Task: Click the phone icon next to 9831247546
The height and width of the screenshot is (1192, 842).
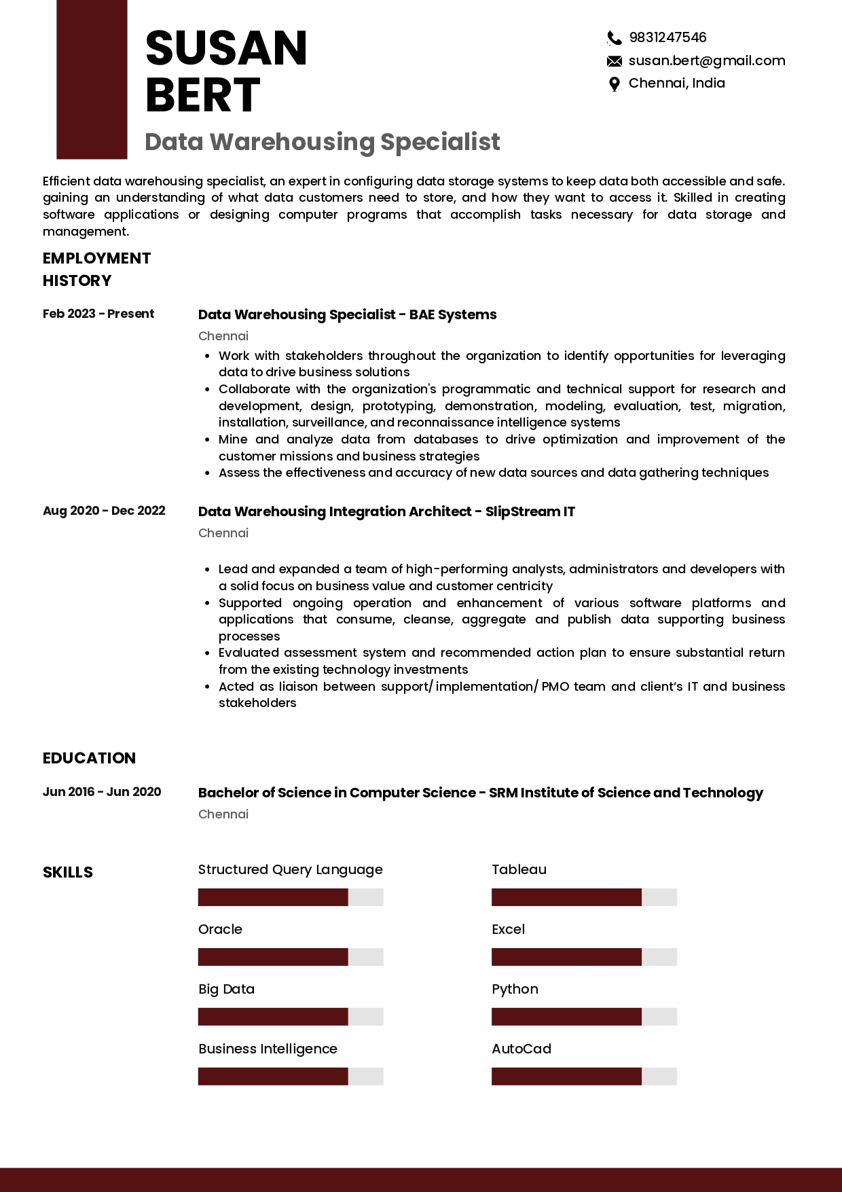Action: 614,38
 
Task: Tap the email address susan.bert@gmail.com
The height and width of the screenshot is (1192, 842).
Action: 706,60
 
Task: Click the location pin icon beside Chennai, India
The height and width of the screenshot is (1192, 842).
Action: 614,84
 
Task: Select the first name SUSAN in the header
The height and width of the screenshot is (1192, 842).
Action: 226,49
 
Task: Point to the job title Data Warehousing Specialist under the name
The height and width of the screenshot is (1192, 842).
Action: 322,142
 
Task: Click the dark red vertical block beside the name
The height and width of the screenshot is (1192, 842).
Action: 92,79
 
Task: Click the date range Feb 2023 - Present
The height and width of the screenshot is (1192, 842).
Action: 98,314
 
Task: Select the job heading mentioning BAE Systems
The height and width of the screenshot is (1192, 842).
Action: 347,314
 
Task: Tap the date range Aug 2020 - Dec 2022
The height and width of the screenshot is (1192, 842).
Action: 104,511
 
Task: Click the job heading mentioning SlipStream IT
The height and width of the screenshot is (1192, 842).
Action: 386,511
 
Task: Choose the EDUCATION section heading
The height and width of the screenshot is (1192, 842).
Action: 89,758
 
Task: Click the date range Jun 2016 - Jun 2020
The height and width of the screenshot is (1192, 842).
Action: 102,792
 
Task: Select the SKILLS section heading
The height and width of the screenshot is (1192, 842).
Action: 68,872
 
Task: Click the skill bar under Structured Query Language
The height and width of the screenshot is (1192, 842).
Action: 291,897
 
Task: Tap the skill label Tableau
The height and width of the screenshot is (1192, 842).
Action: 519,869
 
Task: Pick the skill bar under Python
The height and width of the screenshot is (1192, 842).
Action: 584,1017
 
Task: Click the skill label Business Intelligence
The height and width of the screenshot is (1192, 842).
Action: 268,1049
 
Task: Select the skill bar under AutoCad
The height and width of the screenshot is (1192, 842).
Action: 584,1077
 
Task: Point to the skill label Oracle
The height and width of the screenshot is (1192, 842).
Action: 220,929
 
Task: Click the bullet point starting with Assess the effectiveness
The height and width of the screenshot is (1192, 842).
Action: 493,473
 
